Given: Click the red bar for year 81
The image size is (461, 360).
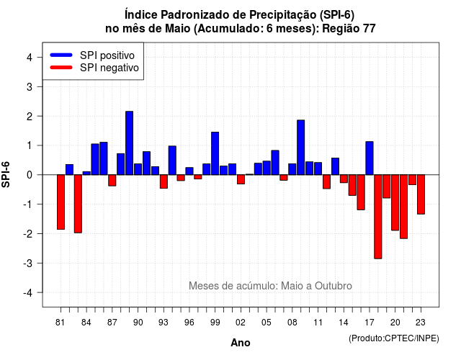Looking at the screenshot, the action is point(61,202).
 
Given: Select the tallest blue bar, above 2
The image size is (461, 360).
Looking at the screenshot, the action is point(130,143).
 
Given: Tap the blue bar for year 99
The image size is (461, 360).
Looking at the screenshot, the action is point(215,153).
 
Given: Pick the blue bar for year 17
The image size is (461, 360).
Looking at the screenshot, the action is point(370,158).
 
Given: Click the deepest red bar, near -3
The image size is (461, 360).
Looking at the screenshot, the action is point(378,217).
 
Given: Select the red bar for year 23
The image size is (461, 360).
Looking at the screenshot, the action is point(421,194).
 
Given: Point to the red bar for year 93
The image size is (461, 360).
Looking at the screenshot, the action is point(164,181).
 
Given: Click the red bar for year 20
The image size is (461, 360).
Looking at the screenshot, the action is point(395,202).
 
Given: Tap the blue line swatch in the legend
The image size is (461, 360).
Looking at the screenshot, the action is point(61,55).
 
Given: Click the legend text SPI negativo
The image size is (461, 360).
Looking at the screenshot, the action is point(109,68).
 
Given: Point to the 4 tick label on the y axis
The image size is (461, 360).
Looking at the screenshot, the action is point(30,58).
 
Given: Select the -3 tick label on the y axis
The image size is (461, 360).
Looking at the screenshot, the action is point(27,263).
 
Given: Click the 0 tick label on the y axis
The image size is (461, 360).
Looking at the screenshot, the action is point(30,175).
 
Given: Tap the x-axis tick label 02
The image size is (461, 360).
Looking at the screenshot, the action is point(241,323).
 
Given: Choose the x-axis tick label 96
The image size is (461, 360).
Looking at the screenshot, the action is point(189,323).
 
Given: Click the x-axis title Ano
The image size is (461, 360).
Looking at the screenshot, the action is point(241,343).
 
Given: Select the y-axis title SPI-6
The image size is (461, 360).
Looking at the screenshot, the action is point(6,174).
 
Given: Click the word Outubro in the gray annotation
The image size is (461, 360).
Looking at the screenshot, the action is point(334,286).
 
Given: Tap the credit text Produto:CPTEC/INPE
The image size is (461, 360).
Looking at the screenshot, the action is point(394,338).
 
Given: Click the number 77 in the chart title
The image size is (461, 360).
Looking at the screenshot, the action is point(370,29).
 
